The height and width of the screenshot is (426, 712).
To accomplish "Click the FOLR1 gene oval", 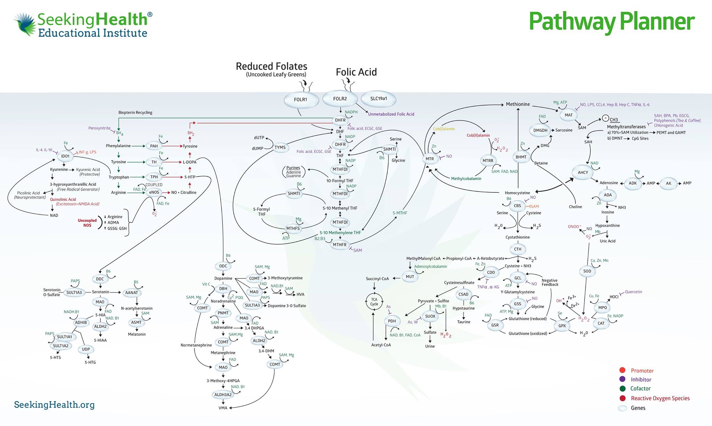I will coord(301,100).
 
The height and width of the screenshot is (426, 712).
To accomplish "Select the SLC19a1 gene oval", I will coord(378,99).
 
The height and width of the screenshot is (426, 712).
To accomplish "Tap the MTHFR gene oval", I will coord(340,245).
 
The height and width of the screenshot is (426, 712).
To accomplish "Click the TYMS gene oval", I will coord(280,147).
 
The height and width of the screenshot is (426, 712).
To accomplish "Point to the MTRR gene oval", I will coord(488,161).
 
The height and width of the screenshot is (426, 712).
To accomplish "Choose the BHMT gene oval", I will coord(521,157).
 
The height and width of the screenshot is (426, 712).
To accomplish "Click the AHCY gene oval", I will coord(583,172).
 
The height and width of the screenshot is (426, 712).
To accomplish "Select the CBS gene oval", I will coord(517,206).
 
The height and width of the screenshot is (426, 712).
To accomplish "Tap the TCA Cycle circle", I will coord(374,302).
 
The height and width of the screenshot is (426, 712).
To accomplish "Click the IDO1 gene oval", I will coord(65,156).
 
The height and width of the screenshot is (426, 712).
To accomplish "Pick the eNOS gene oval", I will coord(154,192).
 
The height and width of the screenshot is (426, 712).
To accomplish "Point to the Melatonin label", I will coord(137,334).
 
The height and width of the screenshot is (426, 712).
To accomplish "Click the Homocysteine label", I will coord(517,193).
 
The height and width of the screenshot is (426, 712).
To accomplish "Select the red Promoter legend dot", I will coord(622,370).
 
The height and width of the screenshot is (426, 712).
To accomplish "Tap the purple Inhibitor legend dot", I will coord(622,379).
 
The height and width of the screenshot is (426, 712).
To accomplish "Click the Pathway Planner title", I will coord(612,22).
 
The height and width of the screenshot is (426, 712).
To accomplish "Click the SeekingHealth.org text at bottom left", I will coord(54,405).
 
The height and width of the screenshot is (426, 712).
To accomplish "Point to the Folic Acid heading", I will coord(356,72).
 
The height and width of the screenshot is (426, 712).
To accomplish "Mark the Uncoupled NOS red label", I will coord(87,223).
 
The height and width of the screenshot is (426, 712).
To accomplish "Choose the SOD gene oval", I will coord(587,271).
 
